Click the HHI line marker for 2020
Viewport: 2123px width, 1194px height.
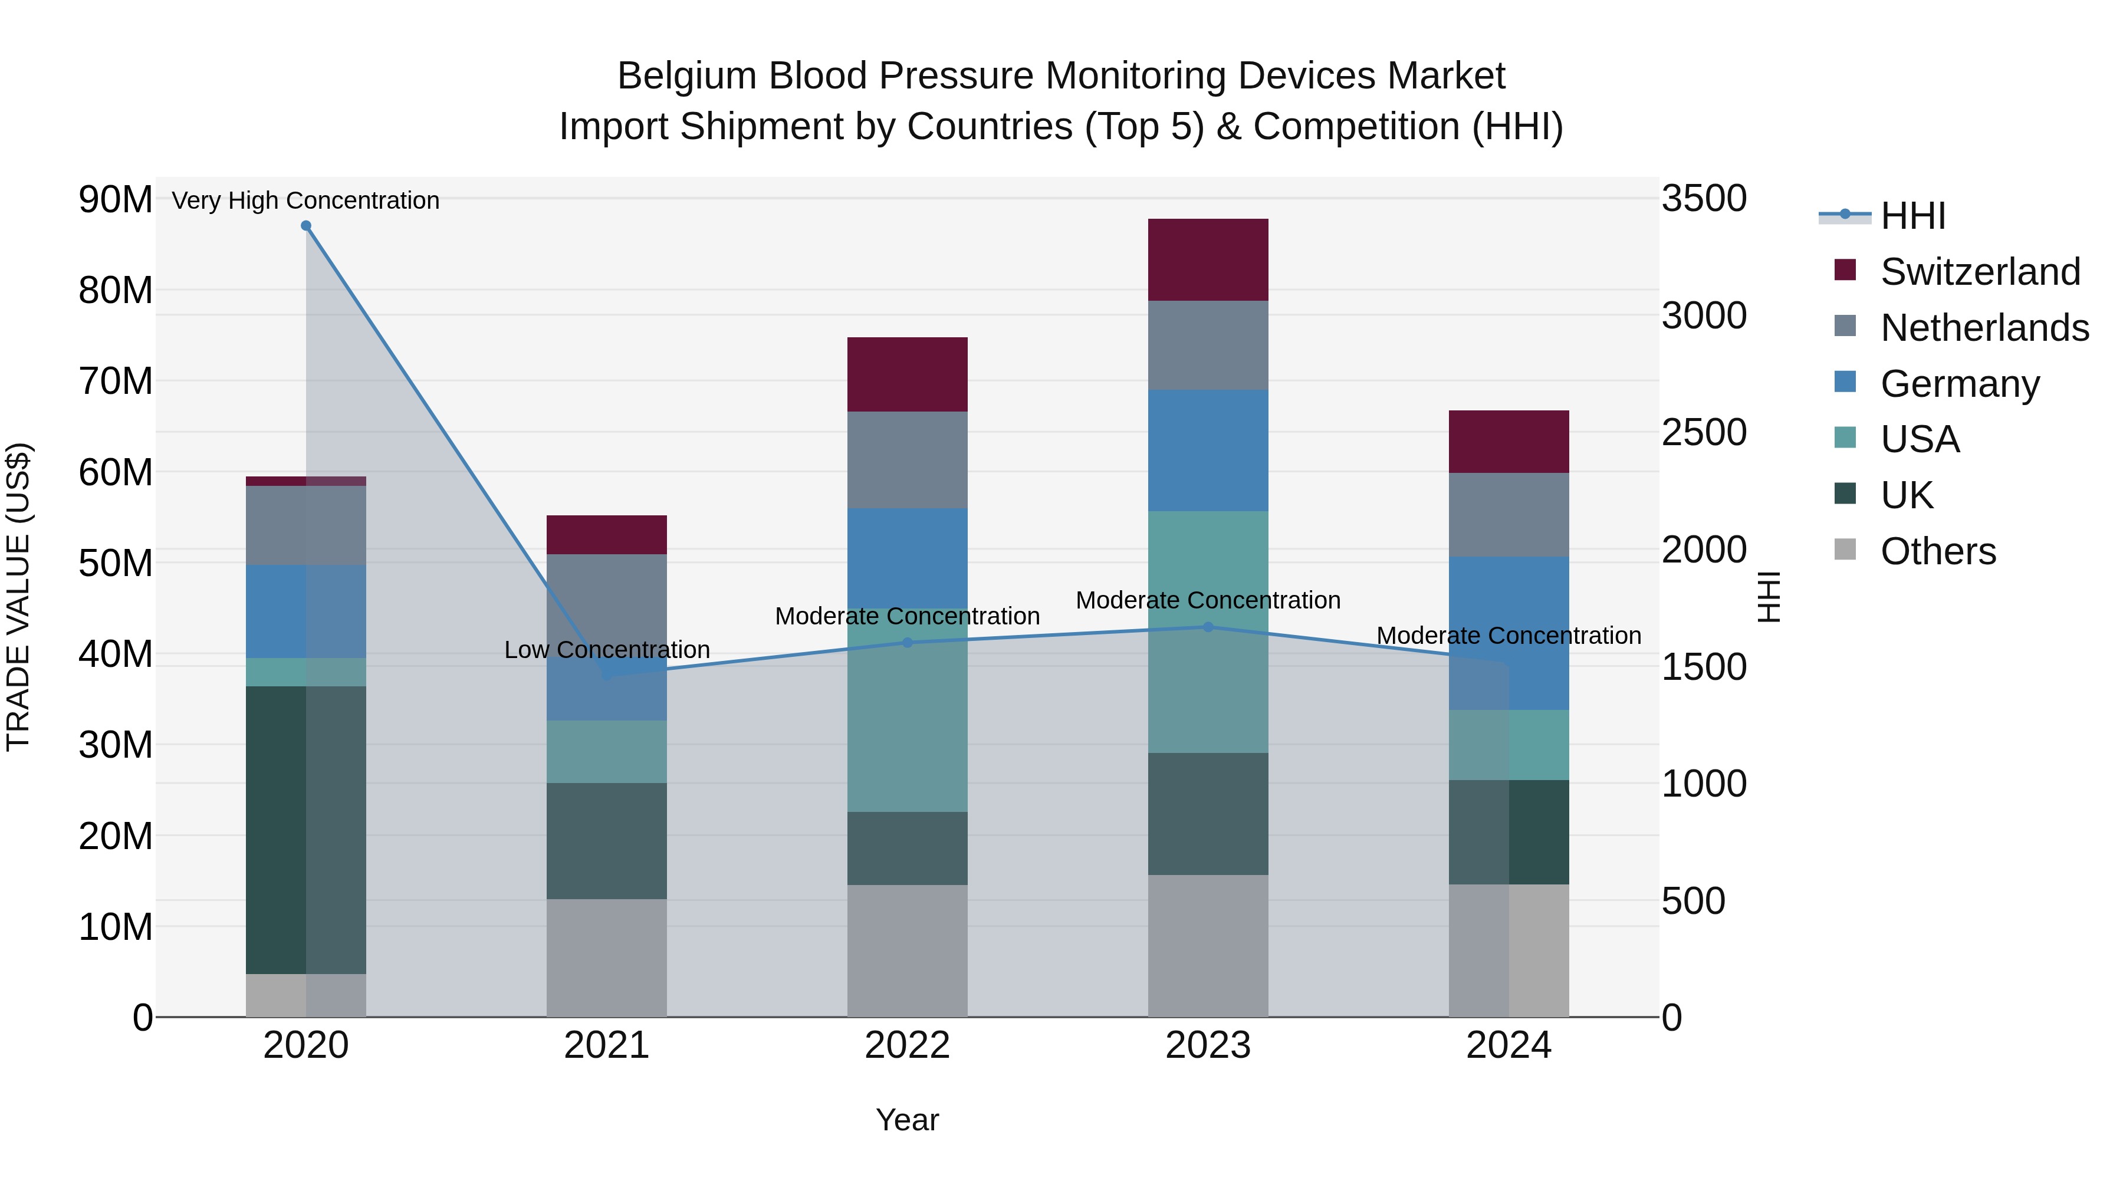(x=305, y=226)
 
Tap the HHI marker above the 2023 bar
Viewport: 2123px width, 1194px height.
(x=1208, y=627)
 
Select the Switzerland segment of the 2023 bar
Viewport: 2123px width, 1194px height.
(x=1208, y=259)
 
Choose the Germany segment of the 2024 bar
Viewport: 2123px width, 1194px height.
(x=1509, y=633)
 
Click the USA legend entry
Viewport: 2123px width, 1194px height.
(x=1920, y=439)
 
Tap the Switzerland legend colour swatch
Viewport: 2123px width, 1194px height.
(x=1845, y=270)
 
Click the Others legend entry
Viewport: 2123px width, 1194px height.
(x=1938, y=551)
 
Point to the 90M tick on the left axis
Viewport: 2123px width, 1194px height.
(x=116, y=199)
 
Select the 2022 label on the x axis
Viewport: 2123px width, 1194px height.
(x=908, y=1045)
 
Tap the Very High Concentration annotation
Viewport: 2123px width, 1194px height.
(x=305, y=200)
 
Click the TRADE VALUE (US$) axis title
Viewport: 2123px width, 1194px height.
(x=19, y=597)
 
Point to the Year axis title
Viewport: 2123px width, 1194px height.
(x=908, y=1120)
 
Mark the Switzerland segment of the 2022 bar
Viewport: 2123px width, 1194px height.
(x=908, y=374)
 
